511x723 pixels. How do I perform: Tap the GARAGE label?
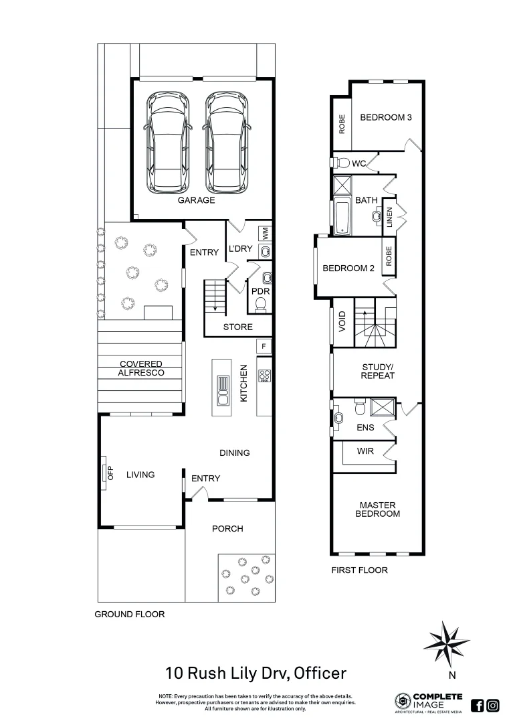point(196,200)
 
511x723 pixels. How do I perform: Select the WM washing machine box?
point(266,234)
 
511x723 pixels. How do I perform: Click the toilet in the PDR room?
point(262,304)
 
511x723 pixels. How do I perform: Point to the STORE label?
point(237,327)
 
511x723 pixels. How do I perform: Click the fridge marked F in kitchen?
point(264,346)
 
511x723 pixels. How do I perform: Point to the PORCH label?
point(227,529)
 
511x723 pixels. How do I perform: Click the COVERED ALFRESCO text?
point(141,369)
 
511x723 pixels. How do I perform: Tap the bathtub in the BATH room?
point(342,216)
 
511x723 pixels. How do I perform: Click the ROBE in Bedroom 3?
point(342,124)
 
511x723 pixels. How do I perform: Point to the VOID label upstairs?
point(342,322)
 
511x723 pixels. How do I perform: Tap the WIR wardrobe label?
point(365,451)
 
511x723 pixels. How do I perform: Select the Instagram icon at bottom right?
point(493,705)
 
